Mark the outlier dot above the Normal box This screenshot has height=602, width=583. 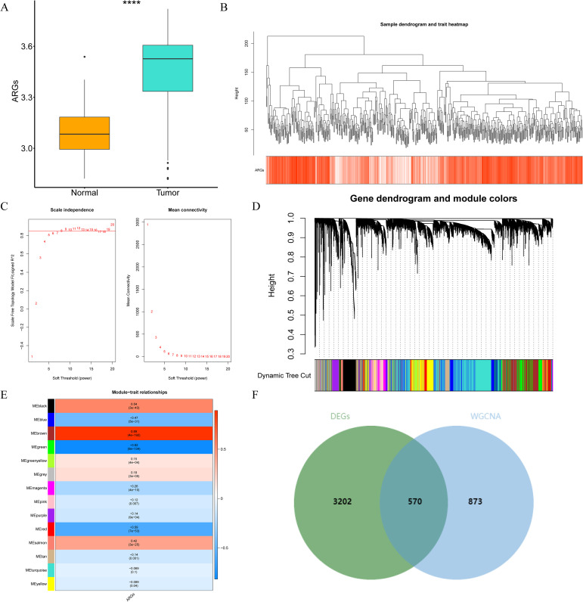[85, 57]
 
